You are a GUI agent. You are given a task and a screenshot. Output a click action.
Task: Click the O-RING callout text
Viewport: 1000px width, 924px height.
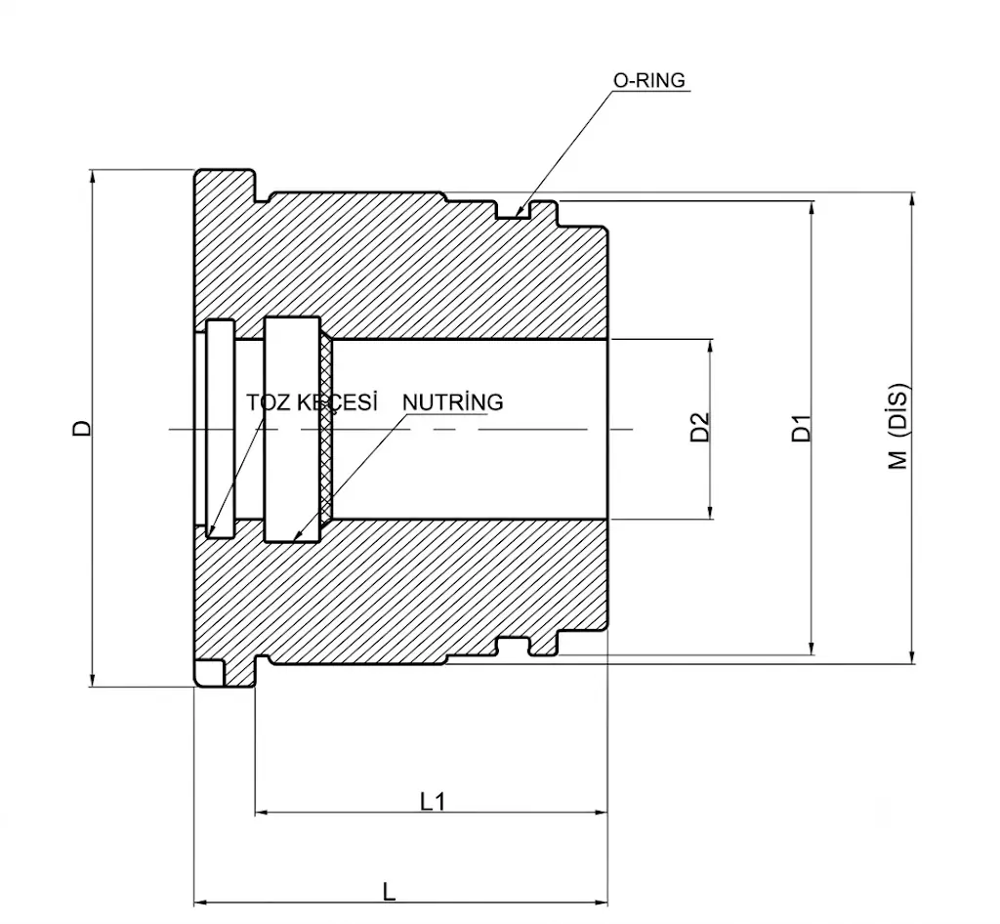[648, 80]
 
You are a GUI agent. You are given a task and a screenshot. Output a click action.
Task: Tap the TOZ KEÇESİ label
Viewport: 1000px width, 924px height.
[312, 402]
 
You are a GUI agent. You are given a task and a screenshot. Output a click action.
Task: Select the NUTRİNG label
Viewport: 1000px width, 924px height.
[453, 402]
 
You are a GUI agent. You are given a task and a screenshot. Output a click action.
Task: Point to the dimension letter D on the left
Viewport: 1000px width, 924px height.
[82, 428]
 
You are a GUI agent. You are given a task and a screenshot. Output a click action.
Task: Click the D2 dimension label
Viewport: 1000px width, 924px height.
[699, 427]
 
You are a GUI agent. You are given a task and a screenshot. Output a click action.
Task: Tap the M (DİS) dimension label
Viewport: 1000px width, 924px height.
[898, 426]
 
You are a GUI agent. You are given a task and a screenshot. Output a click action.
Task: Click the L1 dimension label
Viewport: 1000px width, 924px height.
[433, 801]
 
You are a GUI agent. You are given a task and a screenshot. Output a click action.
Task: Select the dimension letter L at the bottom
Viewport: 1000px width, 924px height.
[389, 892]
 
